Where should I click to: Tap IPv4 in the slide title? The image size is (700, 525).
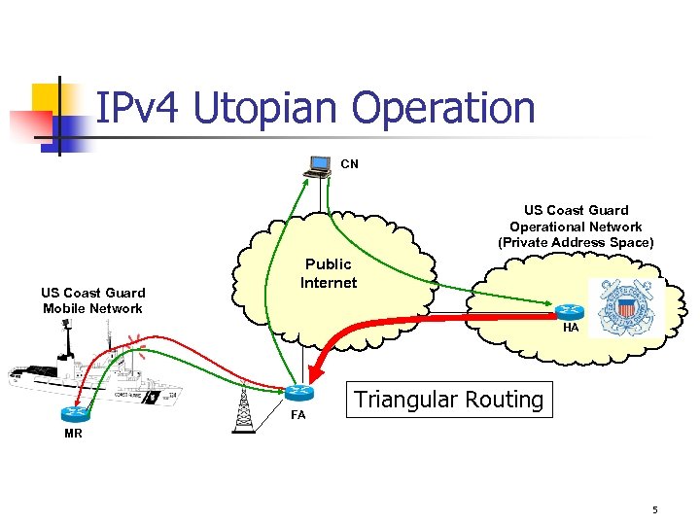(140, 109)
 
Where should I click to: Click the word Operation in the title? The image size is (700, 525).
(443, 109)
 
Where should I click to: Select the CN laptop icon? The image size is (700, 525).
(318, 167)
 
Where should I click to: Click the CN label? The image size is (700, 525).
(349, 164)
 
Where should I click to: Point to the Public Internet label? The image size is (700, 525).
(329, 273)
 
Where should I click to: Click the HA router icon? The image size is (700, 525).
(570, 310)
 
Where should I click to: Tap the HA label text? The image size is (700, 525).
(571, 329)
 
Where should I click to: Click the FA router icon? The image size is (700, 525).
(300, 393)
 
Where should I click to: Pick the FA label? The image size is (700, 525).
(298, 415)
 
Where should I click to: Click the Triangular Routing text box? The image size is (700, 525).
(448, 400)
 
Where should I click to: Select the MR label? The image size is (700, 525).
(73, 434)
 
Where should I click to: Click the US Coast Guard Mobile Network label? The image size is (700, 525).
(92, 300)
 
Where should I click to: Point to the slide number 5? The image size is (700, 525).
(655, 509)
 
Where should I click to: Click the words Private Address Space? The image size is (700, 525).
(577, 242)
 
